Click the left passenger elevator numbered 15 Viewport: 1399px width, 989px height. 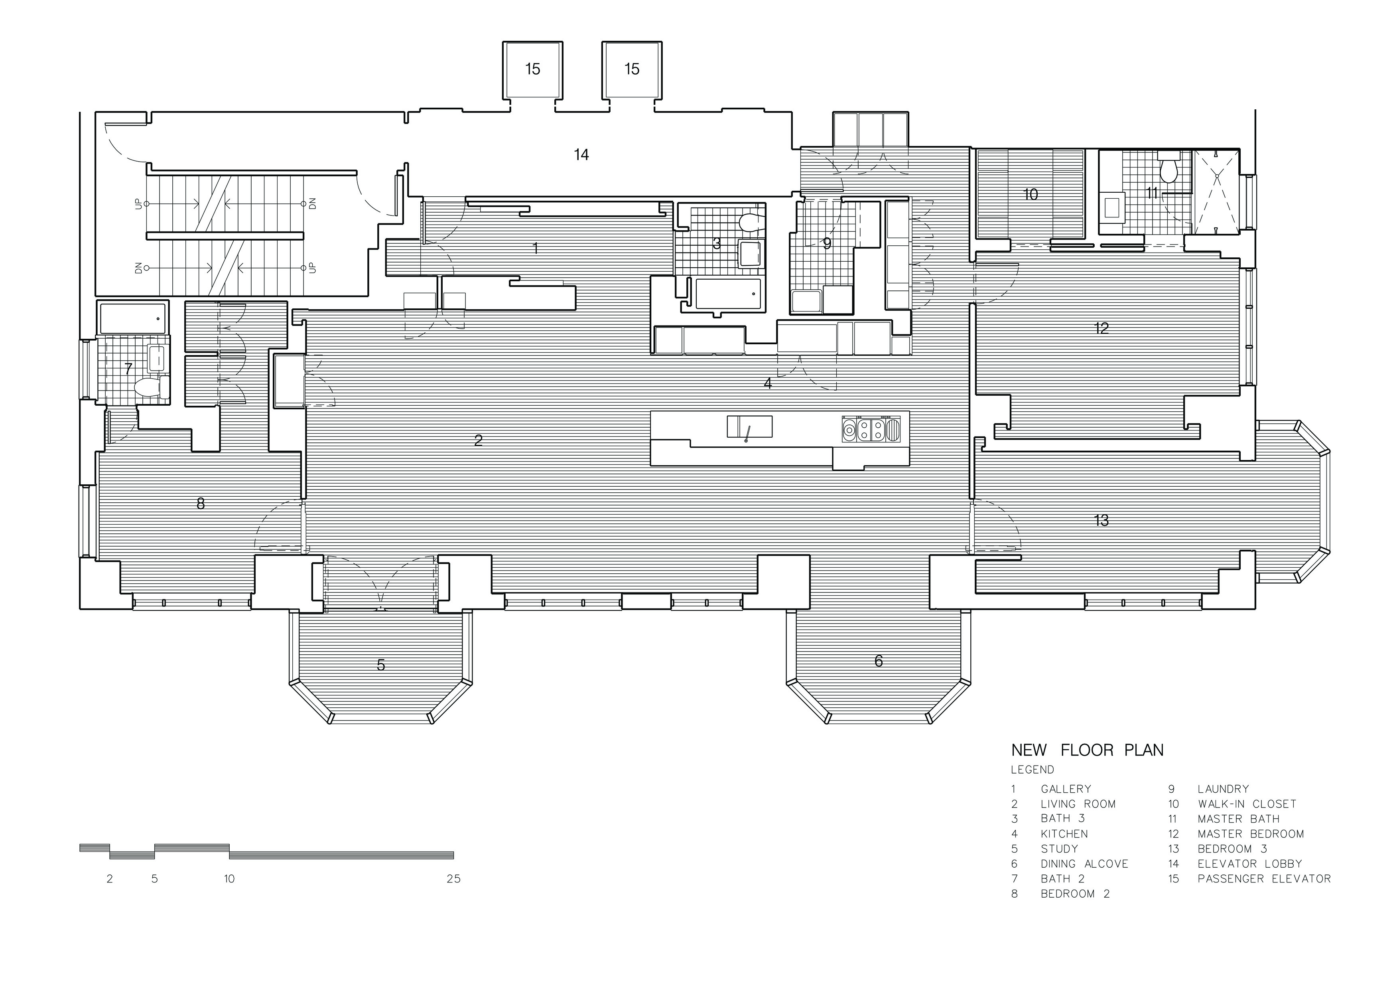(532, 69)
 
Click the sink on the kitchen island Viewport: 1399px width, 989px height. (749, 426)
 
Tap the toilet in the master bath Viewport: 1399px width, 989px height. (1168, 170)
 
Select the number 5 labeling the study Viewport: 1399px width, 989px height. (381, 665)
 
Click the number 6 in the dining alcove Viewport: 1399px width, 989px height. (878, 661)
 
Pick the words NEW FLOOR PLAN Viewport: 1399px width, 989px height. (1087, 750)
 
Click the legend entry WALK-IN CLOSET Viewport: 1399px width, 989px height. (1247, 804)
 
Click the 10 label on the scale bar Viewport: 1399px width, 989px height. (229, 879)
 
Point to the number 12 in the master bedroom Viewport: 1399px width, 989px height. (1101, 328)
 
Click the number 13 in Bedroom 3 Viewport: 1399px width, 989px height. (1101, 520)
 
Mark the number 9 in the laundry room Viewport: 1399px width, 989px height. (827, 244)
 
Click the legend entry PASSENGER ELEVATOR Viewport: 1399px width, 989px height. (1264, 879)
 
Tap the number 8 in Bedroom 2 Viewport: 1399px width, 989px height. (201, 503)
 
